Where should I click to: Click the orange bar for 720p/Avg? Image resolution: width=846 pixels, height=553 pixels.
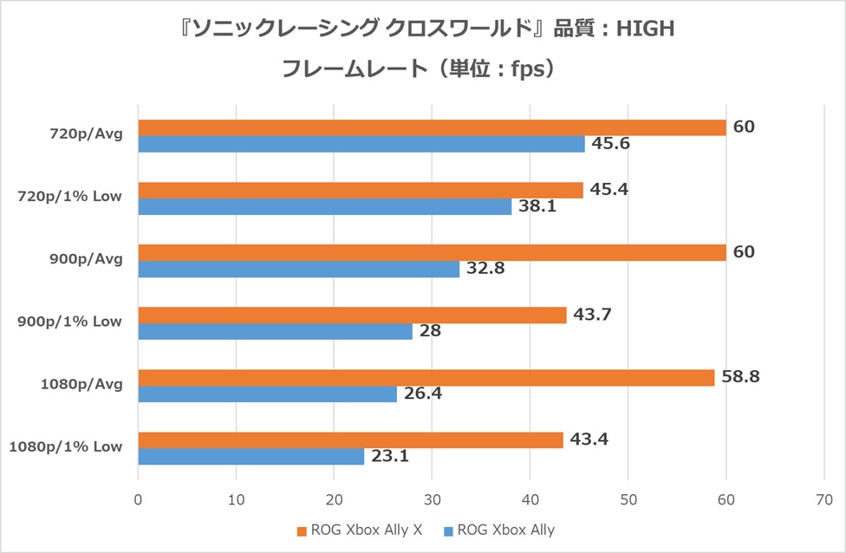(x=432, y=127)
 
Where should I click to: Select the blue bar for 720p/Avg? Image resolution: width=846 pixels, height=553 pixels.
(x=361, y=144)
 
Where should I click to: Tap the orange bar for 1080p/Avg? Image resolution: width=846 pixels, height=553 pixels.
(x=426, y=377)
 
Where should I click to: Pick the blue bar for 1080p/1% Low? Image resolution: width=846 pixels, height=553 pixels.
(x=251, y=456)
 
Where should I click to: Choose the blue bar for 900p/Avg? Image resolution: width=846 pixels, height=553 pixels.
(x=299, y=269)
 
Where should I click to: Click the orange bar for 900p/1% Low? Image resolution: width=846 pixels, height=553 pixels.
(x=352, y=315)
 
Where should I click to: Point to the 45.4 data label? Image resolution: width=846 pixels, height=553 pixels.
(x=608, y=189)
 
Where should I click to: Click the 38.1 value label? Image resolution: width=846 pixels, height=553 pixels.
(x=537, y=206)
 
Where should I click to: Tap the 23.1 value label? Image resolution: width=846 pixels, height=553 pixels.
(x=390, y=456)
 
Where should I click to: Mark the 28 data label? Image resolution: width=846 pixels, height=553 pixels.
(x=431, y=331)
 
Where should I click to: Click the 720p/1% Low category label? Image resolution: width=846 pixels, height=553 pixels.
(x=69, y=197)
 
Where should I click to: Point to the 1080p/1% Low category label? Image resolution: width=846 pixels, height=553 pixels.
(x=66, y=446)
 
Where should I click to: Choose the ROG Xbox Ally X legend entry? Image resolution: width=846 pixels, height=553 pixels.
(x=360, y=530)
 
